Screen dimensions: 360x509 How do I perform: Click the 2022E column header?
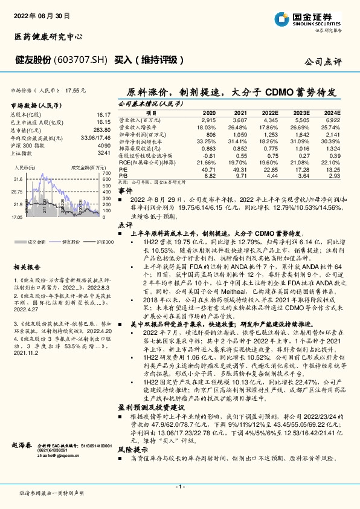(x=269, y=113)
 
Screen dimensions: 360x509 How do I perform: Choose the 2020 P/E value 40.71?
(x=208, y=169)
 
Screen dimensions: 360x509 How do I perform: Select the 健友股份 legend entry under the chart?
(x=68, y=242)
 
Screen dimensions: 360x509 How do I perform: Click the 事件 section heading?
(x=124, y=190)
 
